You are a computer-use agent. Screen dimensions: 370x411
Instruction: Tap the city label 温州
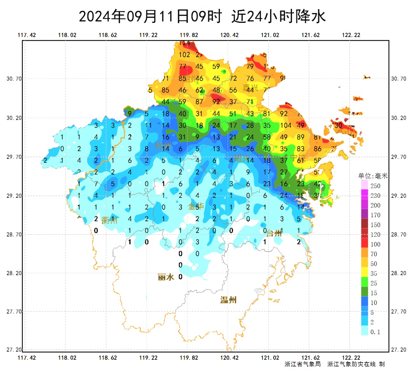click(x=228, y=300)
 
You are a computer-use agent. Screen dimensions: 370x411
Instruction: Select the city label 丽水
click(x=166, y=277)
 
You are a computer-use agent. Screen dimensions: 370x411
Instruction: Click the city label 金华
click(x=196, y=207)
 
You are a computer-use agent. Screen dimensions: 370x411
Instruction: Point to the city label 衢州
click(x=109, y=220)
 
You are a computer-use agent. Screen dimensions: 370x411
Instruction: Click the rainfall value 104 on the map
click(x=285, y=125)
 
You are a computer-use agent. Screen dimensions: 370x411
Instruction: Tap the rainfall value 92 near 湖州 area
click(x=216, y=102)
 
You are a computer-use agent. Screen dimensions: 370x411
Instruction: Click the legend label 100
click(x=375, y=244)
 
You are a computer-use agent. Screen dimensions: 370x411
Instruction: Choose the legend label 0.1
click(x=375, y=332)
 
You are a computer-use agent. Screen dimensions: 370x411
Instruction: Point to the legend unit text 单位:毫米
click(x=373, y=176)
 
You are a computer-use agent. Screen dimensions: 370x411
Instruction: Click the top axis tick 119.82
click(x=189, y=35)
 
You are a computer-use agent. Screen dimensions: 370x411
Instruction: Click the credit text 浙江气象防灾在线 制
click(x=356, y=364)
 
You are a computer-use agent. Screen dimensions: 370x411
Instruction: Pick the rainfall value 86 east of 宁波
click(x=318, y=149)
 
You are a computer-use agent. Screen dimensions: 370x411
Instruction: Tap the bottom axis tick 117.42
click(x=27, y=358)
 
